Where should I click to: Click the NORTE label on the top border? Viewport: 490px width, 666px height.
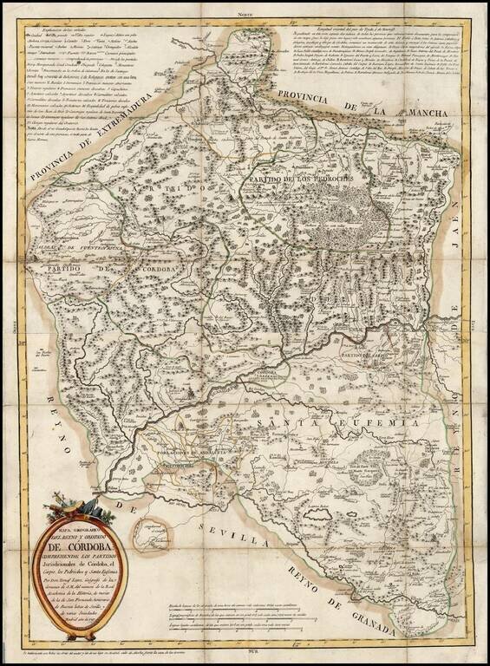click(251, 16)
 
